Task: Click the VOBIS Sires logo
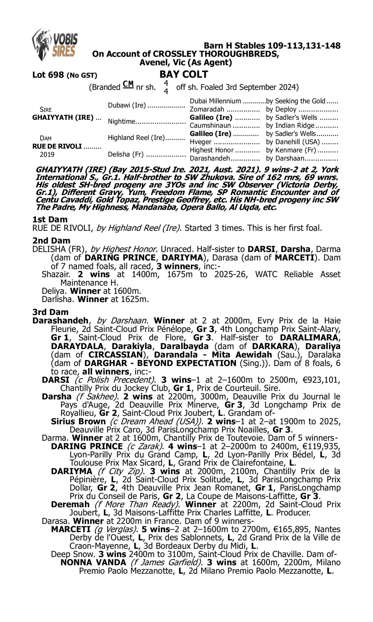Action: coord(55,45)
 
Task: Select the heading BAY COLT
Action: coord(184,74)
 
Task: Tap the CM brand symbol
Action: coord(128,84)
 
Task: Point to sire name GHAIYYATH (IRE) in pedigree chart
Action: coord(63,117)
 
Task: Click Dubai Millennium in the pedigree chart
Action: coord(215,101)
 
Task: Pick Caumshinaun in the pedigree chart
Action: coord(210,125)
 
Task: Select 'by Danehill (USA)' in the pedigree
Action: coord(293,142)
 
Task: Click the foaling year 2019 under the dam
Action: coord(47,154)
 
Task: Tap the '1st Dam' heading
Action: coord(50,219)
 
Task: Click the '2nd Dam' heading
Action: coord(51,241)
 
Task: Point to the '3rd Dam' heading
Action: coord(50,312)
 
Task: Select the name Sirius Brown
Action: coord(78,422)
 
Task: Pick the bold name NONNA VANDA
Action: coord(93,563)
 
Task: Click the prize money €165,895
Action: coord(289,529)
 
